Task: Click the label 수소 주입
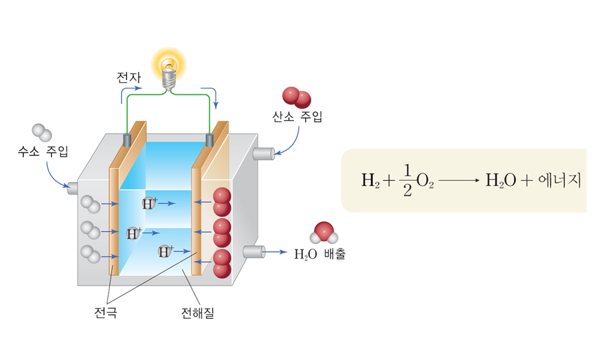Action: (43, 151)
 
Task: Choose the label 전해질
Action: (198, 311)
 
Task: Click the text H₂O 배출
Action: (320, 254)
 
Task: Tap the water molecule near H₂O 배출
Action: (324, 233)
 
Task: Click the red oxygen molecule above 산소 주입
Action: (297, 97)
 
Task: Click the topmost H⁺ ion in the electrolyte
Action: (149, 203)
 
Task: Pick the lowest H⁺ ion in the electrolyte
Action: (165, 251)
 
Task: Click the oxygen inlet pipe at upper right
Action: (263, 154)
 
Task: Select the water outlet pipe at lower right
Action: (254, 252)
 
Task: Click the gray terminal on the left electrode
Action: (127, 140)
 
